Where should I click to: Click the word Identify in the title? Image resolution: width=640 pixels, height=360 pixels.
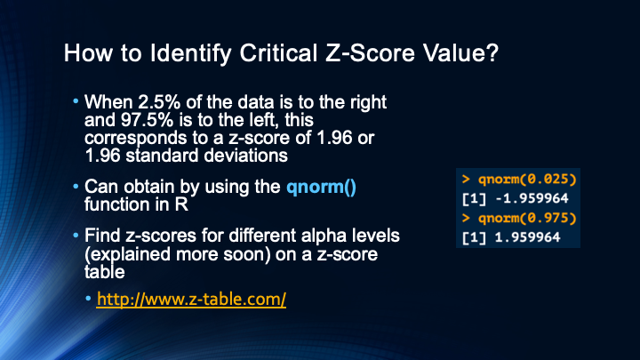coord(190,54)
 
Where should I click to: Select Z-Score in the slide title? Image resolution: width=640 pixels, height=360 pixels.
coord(370,53)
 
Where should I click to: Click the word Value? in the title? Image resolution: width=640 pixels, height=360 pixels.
coord(460,53)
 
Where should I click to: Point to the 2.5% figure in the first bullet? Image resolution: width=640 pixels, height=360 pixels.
coord(159,102)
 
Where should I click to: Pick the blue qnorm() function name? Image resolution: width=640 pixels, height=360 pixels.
coord(321,187)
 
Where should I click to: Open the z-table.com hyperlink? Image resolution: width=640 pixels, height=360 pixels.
coord(191,300)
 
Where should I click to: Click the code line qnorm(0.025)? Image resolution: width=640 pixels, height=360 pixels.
coord(527,180)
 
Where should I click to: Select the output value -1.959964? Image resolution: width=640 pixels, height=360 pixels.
coord(532,198)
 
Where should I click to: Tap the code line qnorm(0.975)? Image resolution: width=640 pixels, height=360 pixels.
coord(527,218)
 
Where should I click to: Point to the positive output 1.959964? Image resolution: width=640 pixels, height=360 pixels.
coord(527,237)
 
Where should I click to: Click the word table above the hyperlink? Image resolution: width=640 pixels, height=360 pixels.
coord(105,272)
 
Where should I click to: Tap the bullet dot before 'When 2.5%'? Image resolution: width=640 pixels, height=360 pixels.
coord(76,100)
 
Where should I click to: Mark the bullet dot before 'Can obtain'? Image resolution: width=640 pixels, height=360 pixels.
coord(76,186)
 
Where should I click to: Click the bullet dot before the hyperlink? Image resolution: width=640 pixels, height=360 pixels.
coord(88,299)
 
